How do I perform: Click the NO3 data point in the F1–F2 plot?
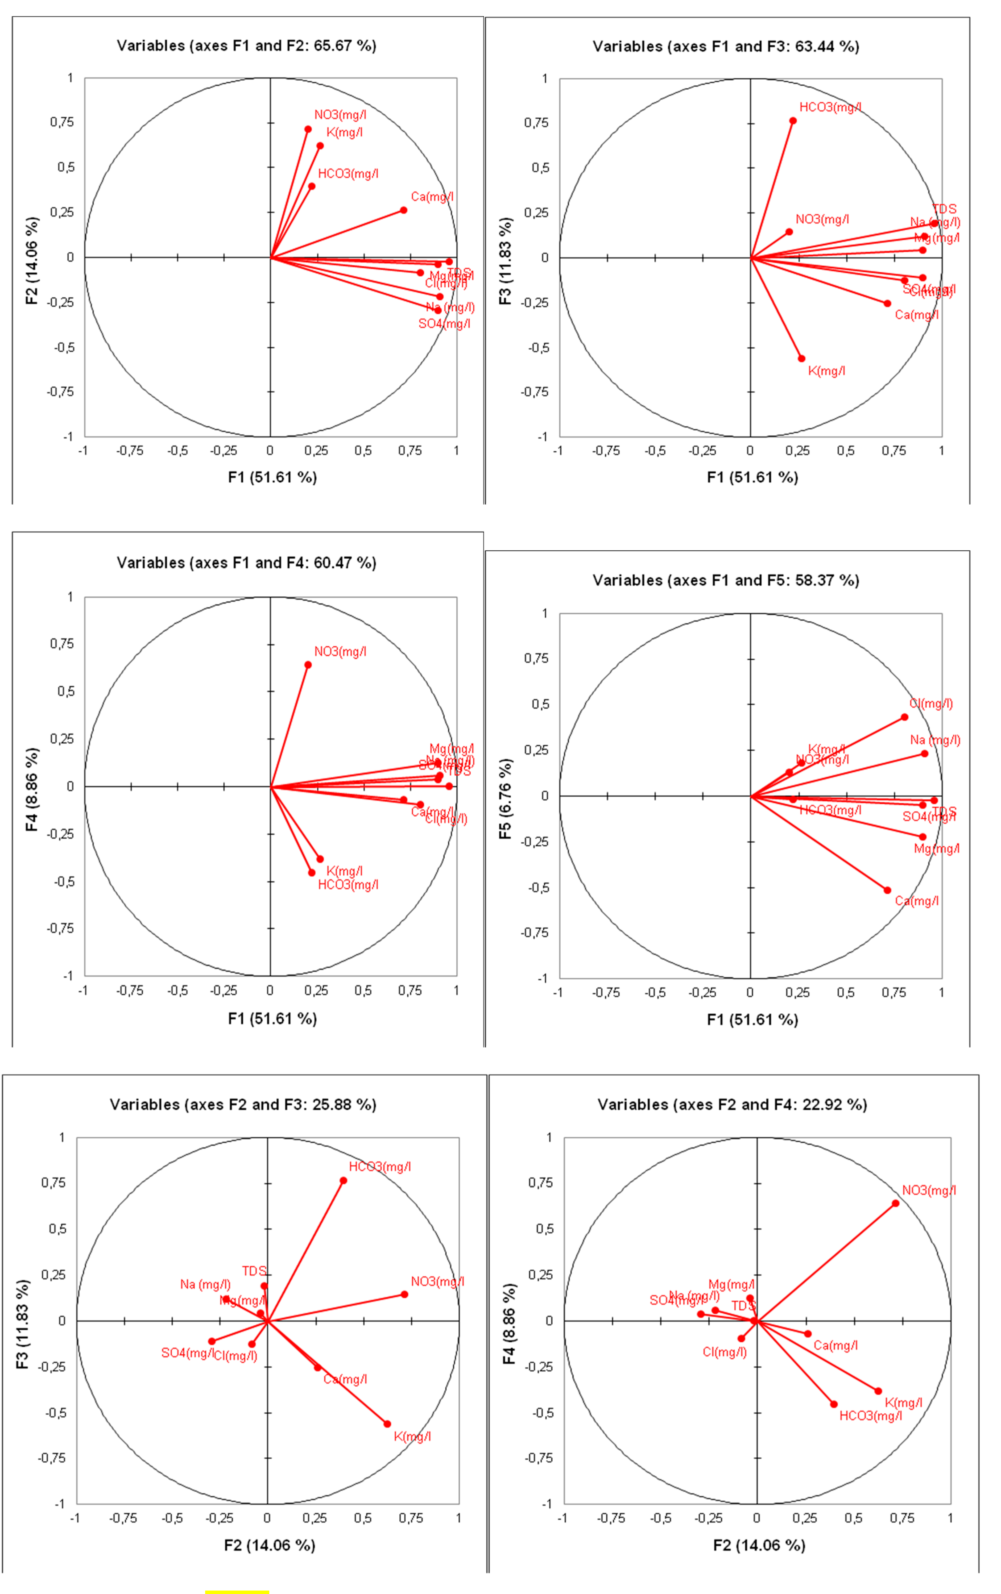308,130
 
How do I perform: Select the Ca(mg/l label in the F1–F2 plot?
432,197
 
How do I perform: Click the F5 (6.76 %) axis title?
506,799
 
